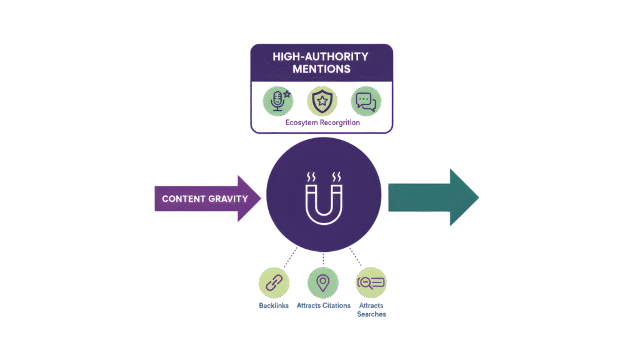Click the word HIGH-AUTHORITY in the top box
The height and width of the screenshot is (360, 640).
pyautogui.click(x=321, y=56)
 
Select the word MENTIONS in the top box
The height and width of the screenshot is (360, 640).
pyautogui.click(x=321, y=69)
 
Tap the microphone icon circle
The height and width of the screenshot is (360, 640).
pyautogui.click(x=277, y=101)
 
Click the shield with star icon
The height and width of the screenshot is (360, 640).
pyautogui.click(x=322, y=101)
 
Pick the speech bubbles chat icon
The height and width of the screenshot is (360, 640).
pyautogui.click(x=366, y=101)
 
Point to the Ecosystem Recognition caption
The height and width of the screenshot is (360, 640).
pyautogui.click(x=322, y=123)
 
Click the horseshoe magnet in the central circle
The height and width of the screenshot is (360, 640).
pyautogui.click(x=323, y=199)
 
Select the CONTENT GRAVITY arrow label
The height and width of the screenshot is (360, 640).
pyautogui.click(x=204, y=199)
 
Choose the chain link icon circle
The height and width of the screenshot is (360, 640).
pyautogui.click(x=274, y=284)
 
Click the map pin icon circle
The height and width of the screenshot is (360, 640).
pyautogui.click(x=322, y=284)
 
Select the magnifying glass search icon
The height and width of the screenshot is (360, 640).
pyautogui.click(x=371, y=284)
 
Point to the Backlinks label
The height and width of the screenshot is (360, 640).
pyautogui.click(x=274, y=306)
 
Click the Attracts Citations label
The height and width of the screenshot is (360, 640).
pyautogui.click(x=322, y=306)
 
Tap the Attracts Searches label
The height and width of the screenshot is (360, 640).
pyautogui.click(x=371, y=310)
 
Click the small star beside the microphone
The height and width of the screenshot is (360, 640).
pyautogui.click(x=287, y=94)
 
